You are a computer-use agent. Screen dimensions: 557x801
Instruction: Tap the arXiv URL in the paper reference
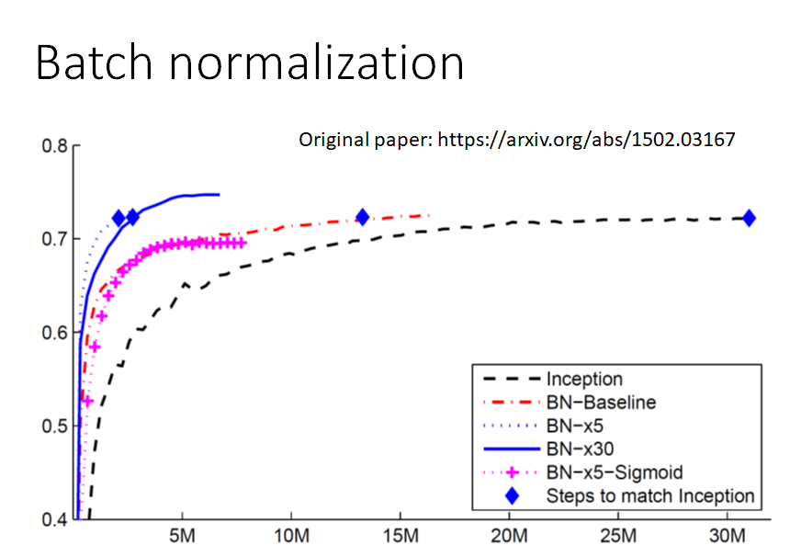coord(586,141)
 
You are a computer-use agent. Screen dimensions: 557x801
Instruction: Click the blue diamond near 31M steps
coord(749,218)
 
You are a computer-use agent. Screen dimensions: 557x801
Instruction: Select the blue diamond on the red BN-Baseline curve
coord(362,217)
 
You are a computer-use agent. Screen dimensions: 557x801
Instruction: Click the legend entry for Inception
coord(583,379)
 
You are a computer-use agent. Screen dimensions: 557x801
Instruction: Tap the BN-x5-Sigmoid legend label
coord(614,472)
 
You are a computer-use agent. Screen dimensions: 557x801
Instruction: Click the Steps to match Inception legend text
coord(649,496)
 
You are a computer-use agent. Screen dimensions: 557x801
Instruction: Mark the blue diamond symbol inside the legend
coord(512,496)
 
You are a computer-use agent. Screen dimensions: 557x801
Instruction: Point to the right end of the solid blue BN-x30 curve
coord(219,194)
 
